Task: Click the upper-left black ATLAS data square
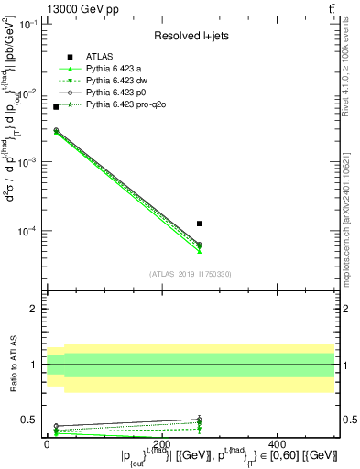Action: click(56, 107)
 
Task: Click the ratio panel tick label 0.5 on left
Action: click(27, 420)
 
